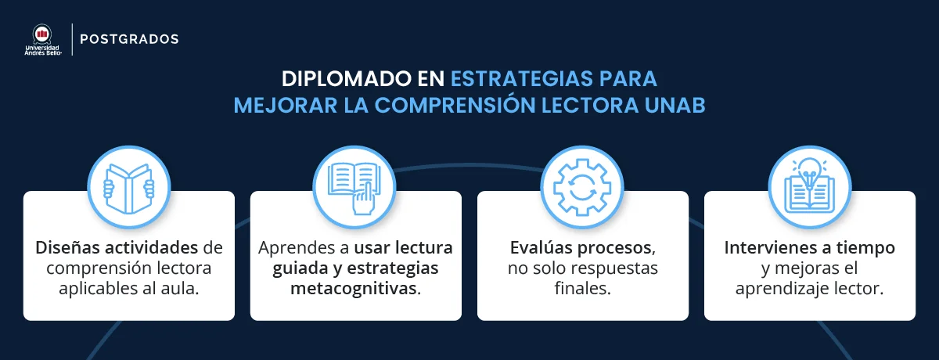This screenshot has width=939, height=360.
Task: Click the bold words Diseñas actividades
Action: pyautogui.click(x=115, y=249)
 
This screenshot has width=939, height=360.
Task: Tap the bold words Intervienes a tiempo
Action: pyautogui.click(x=809, y=249)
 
